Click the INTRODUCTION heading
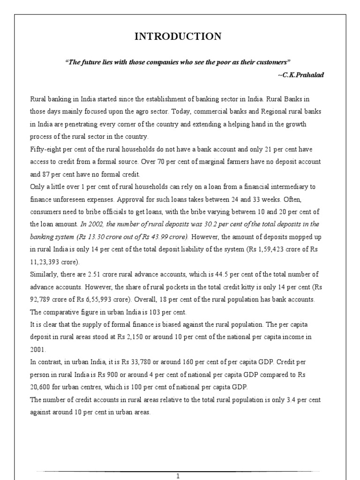coord(178,37)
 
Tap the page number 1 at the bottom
coord(178,476)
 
